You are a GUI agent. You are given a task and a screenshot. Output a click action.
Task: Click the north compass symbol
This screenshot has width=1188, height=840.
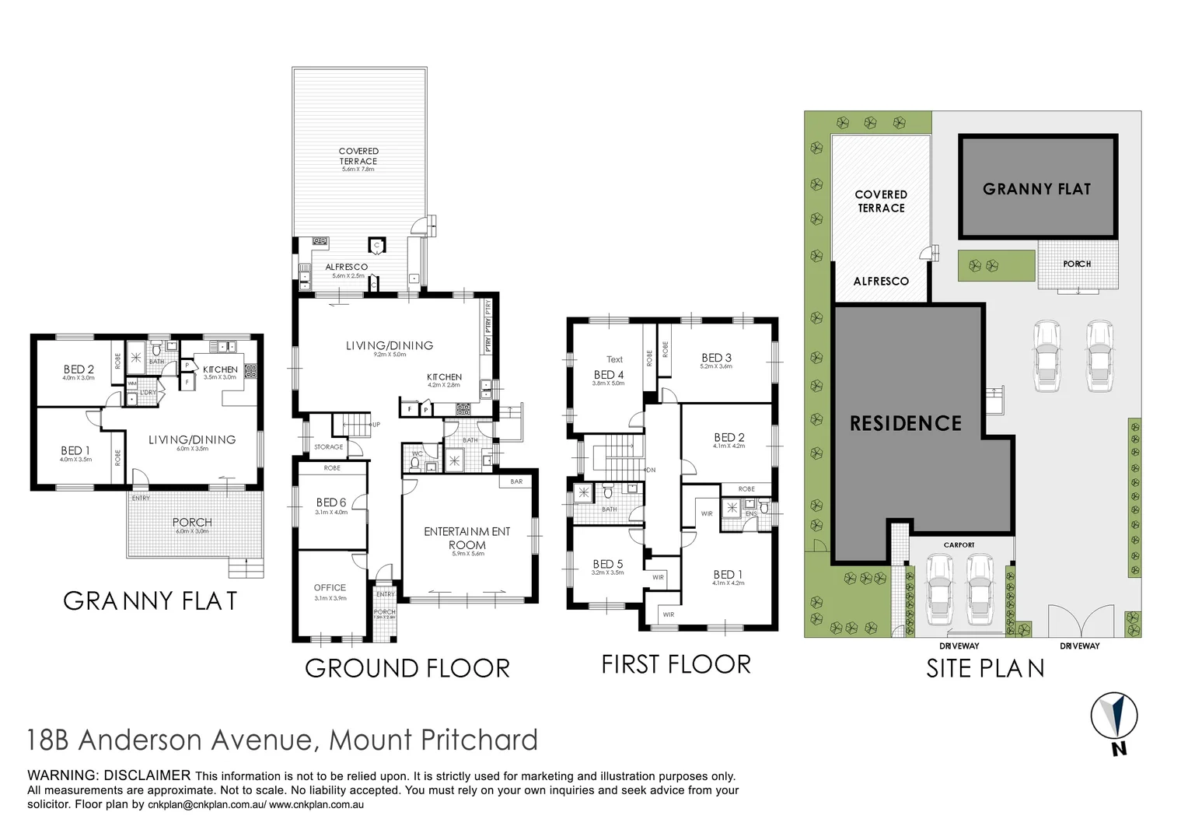point(1114,717)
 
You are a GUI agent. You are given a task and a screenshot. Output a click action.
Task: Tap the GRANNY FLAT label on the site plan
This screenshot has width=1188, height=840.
point(1036,189)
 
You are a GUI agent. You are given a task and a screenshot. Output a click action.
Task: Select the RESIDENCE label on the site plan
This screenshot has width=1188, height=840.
point(906,424)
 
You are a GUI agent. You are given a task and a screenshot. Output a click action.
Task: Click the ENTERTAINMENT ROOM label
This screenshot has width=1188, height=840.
point(467,538)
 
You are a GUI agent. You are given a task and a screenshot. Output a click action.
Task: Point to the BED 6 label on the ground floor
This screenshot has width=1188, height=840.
point(331,502)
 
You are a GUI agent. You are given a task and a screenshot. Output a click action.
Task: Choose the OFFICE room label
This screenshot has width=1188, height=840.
point(330,588)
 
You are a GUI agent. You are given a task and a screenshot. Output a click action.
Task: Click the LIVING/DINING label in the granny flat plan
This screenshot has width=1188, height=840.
point(192,439)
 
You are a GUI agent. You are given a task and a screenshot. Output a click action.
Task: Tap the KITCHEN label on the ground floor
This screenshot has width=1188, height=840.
point(444,376)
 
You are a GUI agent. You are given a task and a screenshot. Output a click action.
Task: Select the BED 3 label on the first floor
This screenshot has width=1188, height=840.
point(716,358)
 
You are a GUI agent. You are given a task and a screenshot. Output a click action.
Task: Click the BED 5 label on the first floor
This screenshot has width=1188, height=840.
point(607,564)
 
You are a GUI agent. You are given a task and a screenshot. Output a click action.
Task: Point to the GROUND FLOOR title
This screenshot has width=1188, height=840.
point(407,668)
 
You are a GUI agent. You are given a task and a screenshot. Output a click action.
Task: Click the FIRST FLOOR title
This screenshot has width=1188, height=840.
point(676,664)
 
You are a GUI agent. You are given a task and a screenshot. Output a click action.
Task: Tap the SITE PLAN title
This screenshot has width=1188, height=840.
point(985,668)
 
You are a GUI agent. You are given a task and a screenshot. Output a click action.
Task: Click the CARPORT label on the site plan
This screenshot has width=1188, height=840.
point(959,545)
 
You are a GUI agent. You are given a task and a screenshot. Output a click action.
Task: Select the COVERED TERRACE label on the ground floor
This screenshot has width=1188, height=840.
point(358,156)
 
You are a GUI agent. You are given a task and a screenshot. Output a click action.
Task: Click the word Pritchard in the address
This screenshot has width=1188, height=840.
point(479,740)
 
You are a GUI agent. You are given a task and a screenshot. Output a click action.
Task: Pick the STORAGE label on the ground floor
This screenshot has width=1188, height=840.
point(328,447)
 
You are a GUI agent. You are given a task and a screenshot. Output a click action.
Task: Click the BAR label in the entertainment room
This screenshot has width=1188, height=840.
point(516,481)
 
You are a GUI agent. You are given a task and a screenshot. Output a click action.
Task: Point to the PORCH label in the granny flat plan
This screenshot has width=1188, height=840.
point(192,522)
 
